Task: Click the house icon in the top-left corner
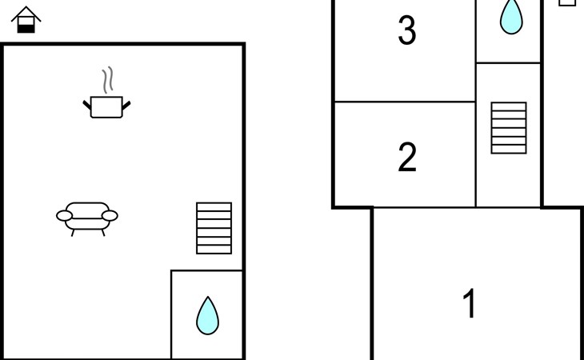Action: pyautogui.click(x=26, y=20)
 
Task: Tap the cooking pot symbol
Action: pyautogui.click(x=106, y=106)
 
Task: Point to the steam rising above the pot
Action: pyautogui.click(x=107, y=81)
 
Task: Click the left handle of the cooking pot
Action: pyautogui.click(x=87, y=104)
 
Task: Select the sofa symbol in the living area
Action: pyautogui.click(x=87, y=215)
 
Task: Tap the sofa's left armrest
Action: pyautogui.click(x=64, y=215)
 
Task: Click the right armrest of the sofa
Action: pyautogui.click(x=110, y=215)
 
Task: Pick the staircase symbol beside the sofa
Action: pyautogui.click(x=214, y=228)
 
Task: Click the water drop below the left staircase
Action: pyautogui.click(x=207, y=315)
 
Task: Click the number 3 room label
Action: pyautogui.click(x=407, y=31)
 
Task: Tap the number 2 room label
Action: pyautogui.click(x=407, y=158)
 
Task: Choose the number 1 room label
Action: pyautogui.click(x=470, y=304)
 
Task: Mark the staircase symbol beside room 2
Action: pyautogui.click(x=509, y=128)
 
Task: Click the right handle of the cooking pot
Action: pyautogui.click(x=126, y=104)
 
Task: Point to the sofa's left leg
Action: pyautogui.click(x=73, y=232)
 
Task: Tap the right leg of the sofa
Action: pyautogui.click(x=102, y=232)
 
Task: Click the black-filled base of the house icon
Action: pyautogui.click(x=26, y=28)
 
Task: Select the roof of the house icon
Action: pyautogui.click(x=26, y=12)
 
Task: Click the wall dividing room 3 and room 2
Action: pyautogui.click(x=405, y=102)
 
